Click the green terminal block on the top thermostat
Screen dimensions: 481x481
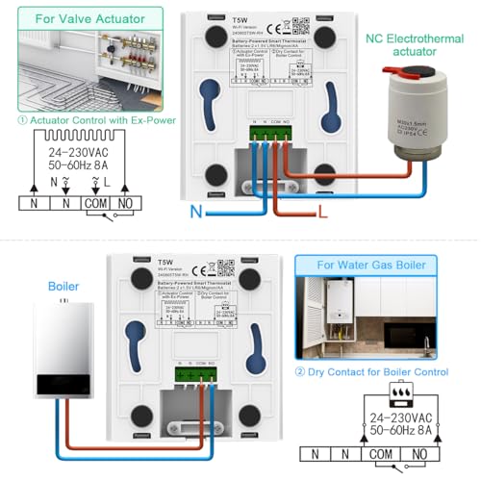pos(271,134)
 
